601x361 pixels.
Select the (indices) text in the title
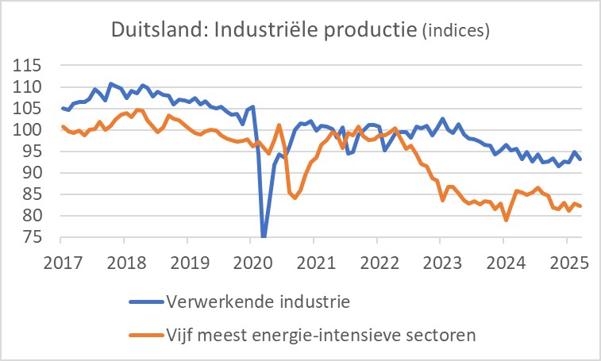point(455,32)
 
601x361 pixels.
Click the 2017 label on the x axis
point(61,259)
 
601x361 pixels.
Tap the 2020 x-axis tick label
point(251,259)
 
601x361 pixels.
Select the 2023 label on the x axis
point(441,259)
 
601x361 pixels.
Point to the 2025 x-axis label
point(567,259)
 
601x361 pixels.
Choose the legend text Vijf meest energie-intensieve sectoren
point(322,334)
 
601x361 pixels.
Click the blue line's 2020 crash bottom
point(264,236)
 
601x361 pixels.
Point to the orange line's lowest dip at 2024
point(506,220)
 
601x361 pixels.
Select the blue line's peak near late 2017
point(110,83)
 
